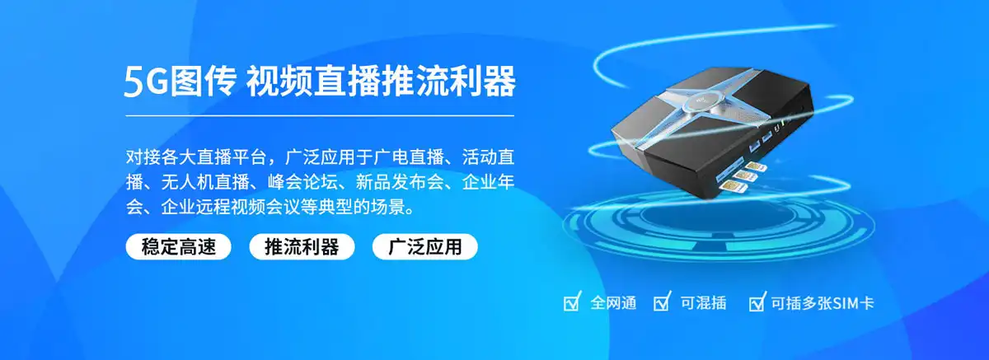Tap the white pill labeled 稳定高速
(179, 247)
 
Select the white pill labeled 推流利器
(302, 247)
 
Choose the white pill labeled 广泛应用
(425, 247)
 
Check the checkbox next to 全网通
(572, 303)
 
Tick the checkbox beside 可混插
(662, 303)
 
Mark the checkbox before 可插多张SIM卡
(757, 303)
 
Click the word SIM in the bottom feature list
(846, 303)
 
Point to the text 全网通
(613, 303)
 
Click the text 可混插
(703, 303)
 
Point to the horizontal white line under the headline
(319, 116)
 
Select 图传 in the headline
(205, 82)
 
